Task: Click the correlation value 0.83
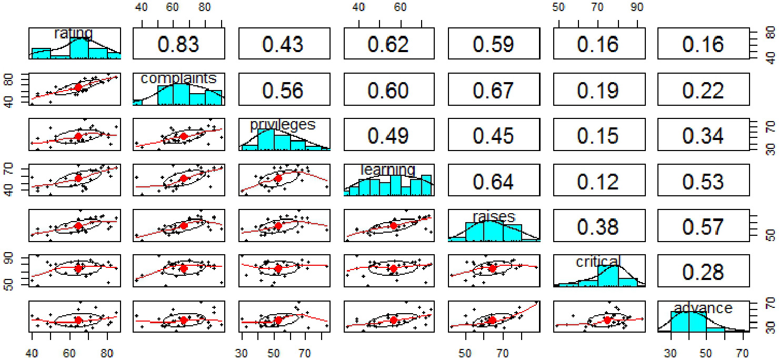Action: point(179,44)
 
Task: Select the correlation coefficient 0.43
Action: point(283,44)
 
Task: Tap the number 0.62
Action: point(388,44)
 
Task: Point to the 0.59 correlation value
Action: point(493,44)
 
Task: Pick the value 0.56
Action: point(283,90)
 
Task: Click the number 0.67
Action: point(493,90)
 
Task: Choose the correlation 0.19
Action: point(598,90)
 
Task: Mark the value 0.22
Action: point(703,90)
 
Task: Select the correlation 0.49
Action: point(388,135)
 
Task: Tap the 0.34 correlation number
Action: point(703,135)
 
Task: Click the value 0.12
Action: point(598,181)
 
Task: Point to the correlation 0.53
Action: point(703,181)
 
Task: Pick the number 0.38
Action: point(598,227)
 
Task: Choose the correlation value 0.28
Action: point(703,273)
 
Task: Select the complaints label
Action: point(178,78)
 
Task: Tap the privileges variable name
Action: point(283,125)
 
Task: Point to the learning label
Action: point(388,170)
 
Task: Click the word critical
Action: point(598,261)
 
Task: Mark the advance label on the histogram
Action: point(703,308)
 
